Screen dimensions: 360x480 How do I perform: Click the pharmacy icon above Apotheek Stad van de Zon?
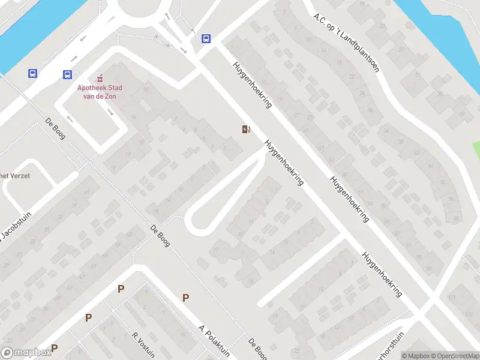(x=100, y=78)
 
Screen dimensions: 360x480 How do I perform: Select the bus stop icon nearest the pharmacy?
(x=67, y=75)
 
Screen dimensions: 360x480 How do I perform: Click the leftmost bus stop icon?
(x=32, y=74)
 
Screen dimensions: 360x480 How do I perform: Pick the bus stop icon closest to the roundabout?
(x=206, y=38)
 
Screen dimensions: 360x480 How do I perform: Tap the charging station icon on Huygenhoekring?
(x=245, y=129)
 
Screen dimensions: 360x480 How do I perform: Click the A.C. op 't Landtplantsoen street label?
(x=346, y=42)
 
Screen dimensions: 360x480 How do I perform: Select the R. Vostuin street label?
(x=144, y=345)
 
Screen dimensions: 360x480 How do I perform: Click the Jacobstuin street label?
(x=13, y=234)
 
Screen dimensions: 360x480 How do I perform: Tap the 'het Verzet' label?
(x=14, y=176)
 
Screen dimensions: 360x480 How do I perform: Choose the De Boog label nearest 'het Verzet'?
(x=55, y=128)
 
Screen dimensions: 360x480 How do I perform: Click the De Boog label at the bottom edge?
(x=257, y=349)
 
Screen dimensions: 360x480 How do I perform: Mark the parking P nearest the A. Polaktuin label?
(x=186, y=297)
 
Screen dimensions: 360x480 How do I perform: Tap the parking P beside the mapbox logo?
(x=55, y=347)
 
